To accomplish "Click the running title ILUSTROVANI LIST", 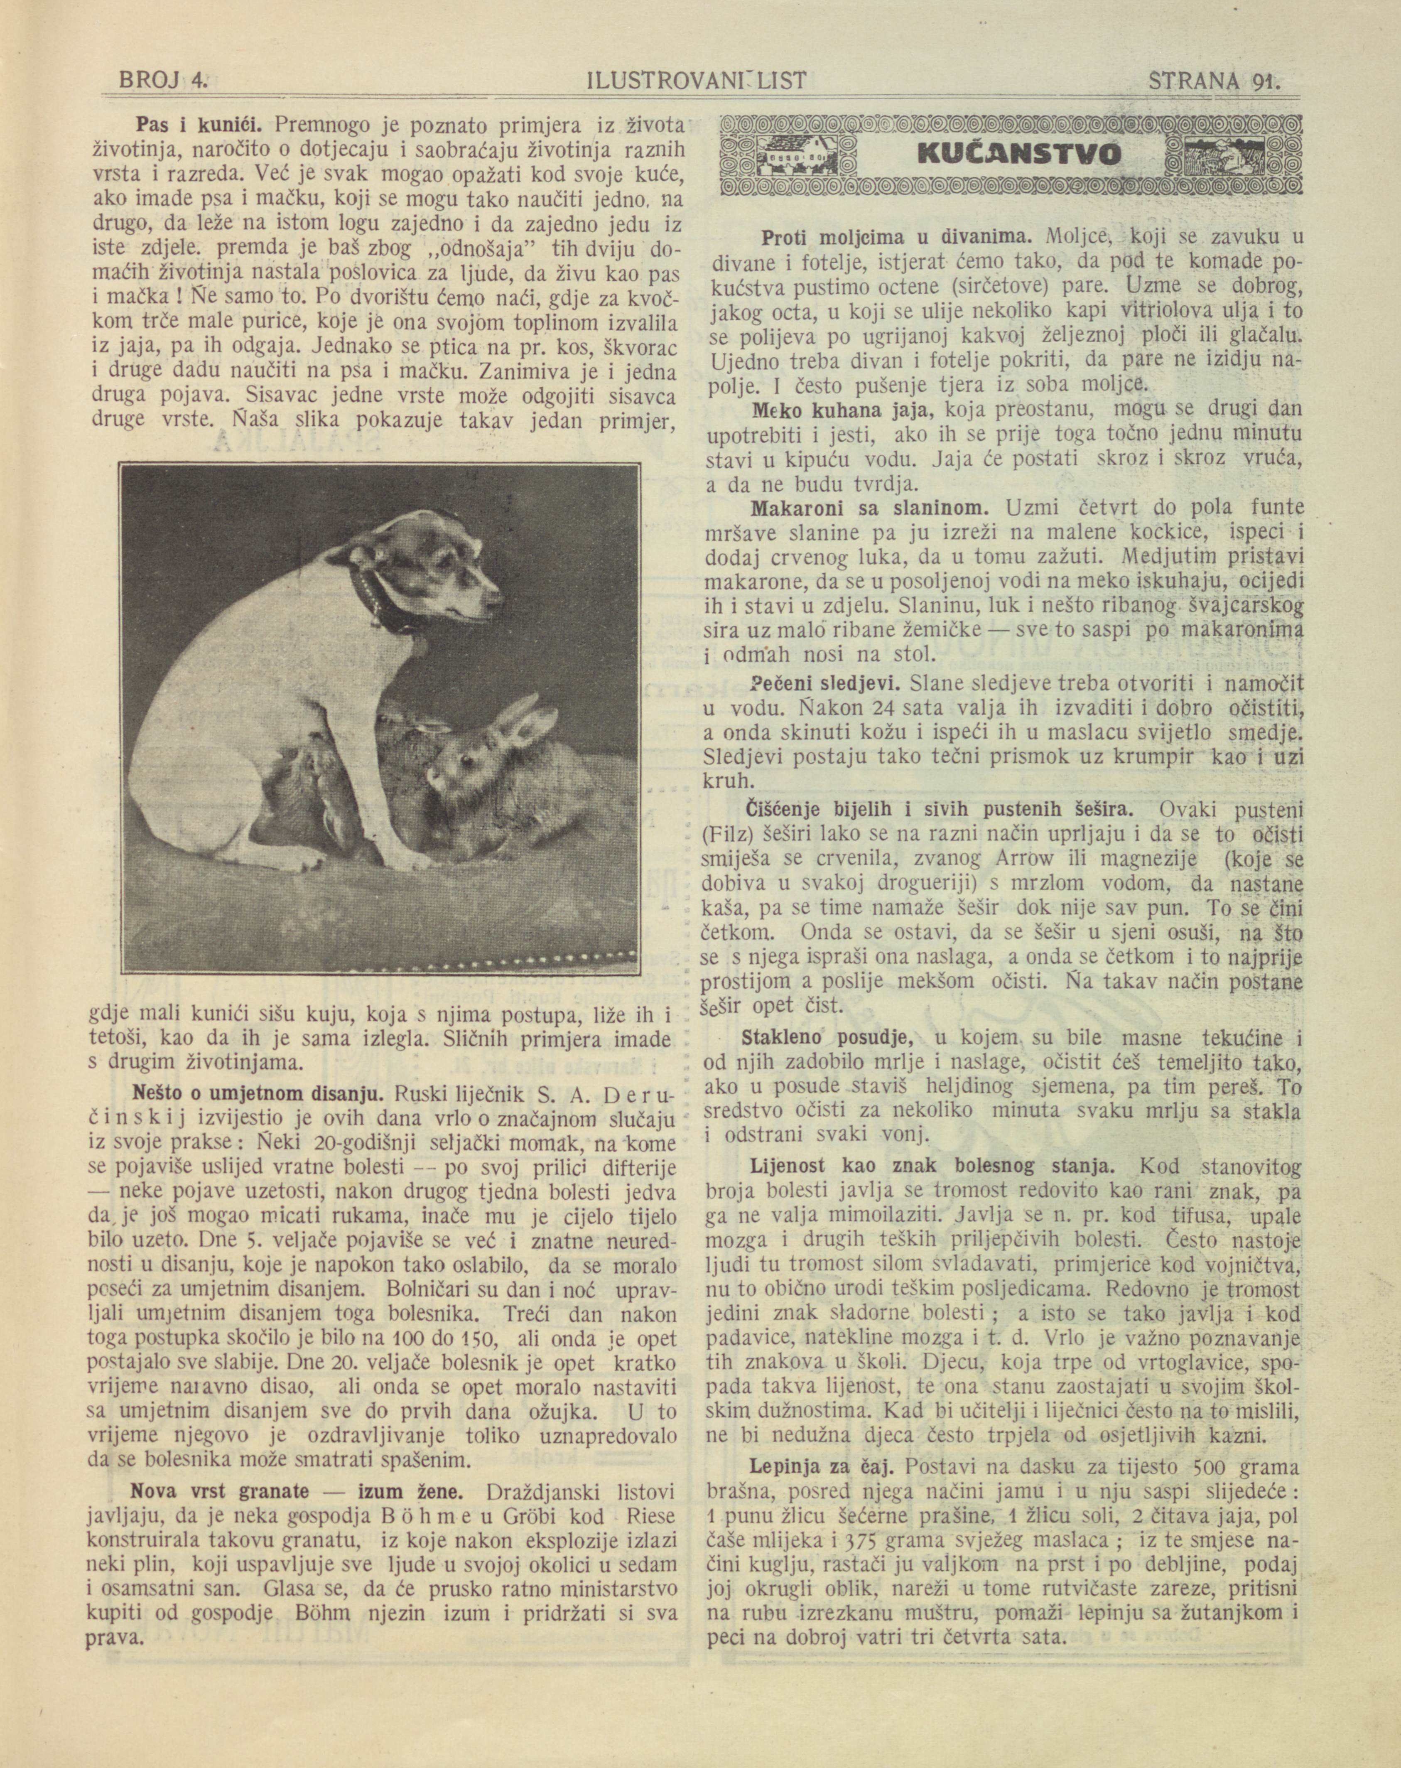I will tap(698, 80).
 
